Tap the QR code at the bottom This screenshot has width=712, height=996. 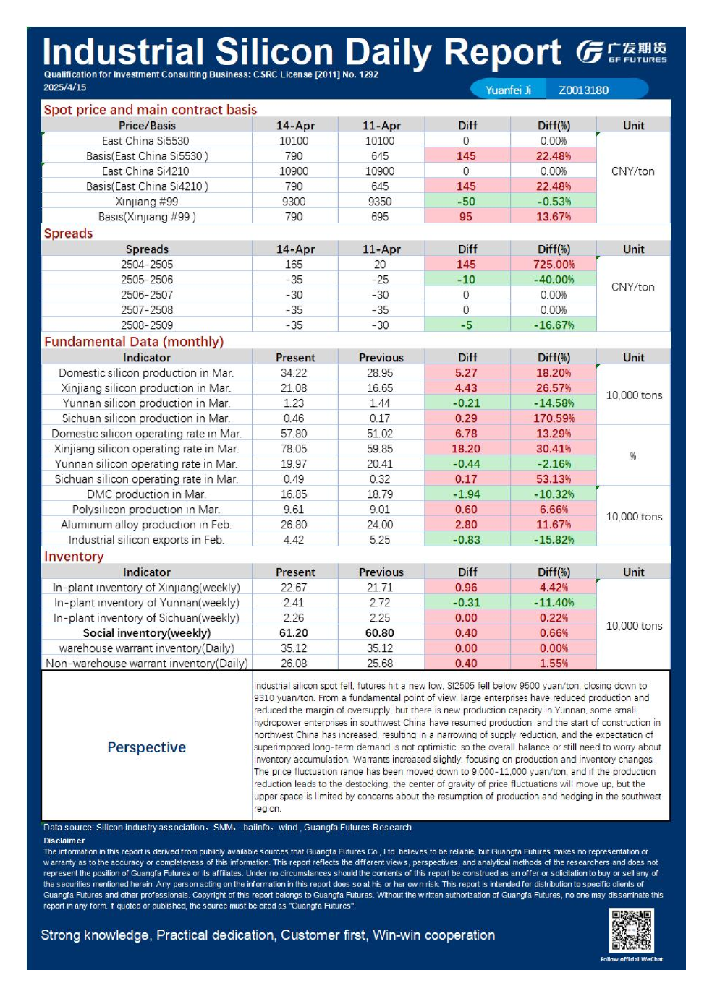(x=631, y=930)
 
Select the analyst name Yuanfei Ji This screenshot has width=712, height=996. (x=508, y=90)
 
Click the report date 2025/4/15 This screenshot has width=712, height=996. (x=64, y=87)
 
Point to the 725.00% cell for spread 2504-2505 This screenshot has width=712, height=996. (x=554, y=265)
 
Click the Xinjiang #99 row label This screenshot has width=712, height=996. (x=147, y=202)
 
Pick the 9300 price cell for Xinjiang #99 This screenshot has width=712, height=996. (x=294, y=202)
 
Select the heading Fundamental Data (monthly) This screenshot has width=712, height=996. (x=134, y=342)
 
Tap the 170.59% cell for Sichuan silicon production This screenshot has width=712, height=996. (x=554, y=418)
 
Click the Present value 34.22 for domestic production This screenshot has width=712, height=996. (x=294, y=373)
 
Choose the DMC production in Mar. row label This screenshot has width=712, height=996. (x=147, y=494)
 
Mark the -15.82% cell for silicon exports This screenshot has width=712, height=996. (x=554, y=540)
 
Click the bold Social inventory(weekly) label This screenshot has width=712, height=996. (x=147, y=633)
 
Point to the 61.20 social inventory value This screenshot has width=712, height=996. (x=294, y=633)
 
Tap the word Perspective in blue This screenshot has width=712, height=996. (x=147, y=747)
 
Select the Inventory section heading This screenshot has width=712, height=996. (x=74, y=557)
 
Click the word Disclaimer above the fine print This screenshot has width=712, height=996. (x=64, y=841)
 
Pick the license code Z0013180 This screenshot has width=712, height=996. (x=583, y=90)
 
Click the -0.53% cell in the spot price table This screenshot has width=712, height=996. (x=554, y=202)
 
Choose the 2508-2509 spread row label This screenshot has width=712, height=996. (x=147, y=325)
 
